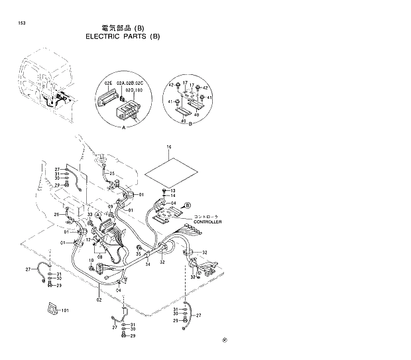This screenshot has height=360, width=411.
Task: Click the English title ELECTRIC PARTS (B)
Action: coord(123,36)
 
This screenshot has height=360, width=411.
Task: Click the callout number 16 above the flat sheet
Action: coord(168,146)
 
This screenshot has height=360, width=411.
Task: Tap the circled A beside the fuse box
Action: coord(97,215)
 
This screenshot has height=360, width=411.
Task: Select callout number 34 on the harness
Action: coord(148,265)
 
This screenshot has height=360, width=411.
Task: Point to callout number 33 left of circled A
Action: coord(89,215)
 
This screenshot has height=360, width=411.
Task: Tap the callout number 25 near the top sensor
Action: coord(121,174)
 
